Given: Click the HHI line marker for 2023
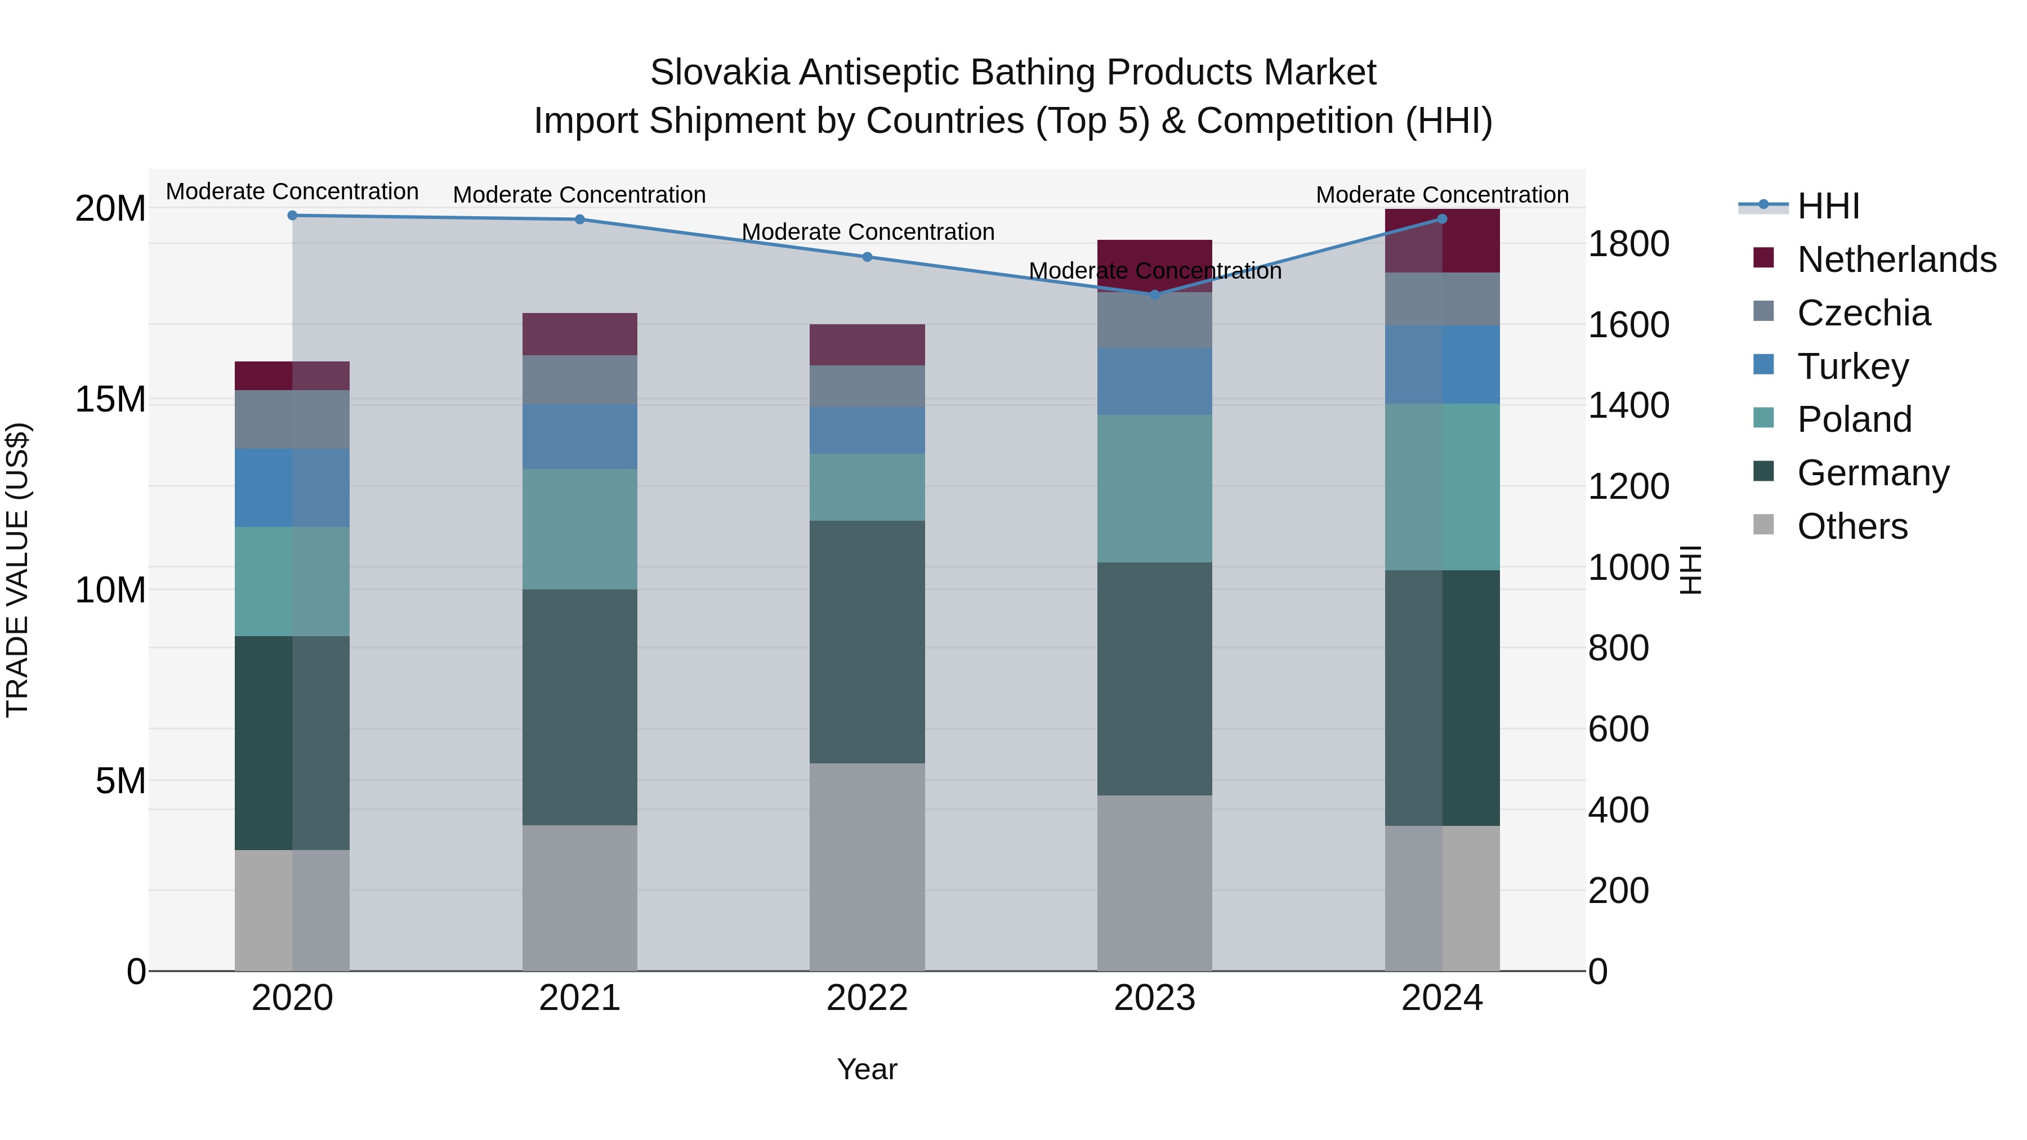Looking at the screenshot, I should click(x=1154, y=294).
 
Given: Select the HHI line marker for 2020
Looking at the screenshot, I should click(x=292, y=215).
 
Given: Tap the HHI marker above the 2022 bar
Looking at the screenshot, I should click(x=867, y=257).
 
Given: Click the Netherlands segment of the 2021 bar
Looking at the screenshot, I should click(x=580, y=334).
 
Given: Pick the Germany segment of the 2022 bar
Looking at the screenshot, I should click(x=867, y=641).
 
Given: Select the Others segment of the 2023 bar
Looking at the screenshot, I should click(x=1154, y=883).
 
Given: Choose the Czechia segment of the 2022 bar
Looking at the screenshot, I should click(x=867, y=386).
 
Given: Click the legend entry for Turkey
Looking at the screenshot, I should click(x=1852, y=366).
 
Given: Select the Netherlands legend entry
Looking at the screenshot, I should click(x=1896, y=259).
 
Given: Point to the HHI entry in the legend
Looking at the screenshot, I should click(x=1828, y=205).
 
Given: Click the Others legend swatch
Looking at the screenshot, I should click(x=1763, y=525).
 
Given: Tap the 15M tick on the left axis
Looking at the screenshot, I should click(x=110, y=399).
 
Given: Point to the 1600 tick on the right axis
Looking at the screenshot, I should click(x=1627, y=324).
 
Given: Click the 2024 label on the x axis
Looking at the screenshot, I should click(x=1441, y=998).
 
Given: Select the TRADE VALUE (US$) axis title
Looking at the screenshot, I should click(x=17, y=570).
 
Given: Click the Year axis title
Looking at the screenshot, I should click(x=867, y=1069).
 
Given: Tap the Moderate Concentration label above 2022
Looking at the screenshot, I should click(x=868, y=232).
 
